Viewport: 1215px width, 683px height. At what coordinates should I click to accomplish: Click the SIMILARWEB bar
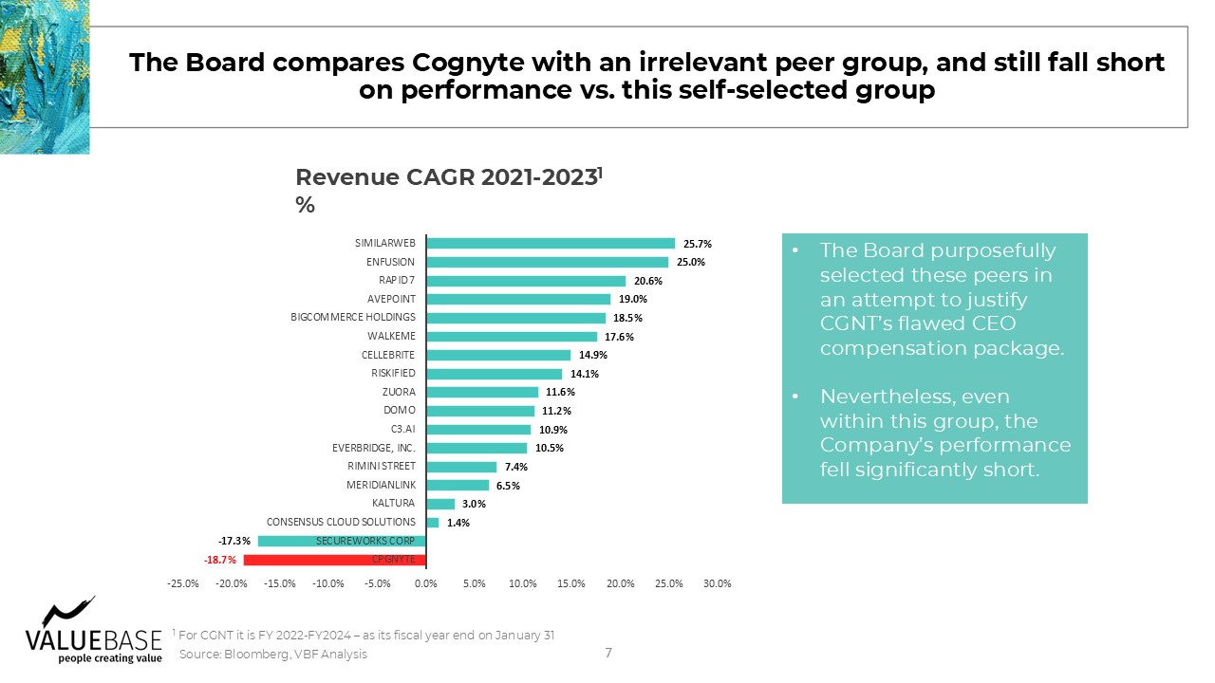coord(551,244)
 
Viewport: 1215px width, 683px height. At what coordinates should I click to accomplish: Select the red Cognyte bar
coord(335,560)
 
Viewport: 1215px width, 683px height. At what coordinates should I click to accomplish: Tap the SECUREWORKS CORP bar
coord(342,541)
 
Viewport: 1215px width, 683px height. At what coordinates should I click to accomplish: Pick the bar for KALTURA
coord(440,504)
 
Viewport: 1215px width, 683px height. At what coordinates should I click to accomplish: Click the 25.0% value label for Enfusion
coord(690,263)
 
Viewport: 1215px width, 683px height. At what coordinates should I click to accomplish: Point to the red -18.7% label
coord(220,560)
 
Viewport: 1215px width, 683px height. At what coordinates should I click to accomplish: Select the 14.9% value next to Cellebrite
coord(593,355)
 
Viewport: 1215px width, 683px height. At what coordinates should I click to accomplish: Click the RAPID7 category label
coord(397,280)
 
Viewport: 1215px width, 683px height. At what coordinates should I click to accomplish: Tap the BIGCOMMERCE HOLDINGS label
coord(353,317)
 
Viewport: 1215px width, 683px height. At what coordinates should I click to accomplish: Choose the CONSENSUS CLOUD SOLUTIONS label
coord(341,522)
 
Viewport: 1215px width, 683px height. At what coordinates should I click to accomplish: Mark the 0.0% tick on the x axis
coord(426,583)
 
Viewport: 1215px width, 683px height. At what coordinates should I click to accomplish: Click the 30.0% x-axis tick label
coord(717,583)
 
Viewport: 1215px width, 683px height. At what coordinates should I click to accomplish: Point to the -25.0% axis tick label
coord(183,583)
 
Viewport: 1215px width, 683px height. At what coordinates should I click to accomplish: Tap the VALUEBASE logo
coord(93,632)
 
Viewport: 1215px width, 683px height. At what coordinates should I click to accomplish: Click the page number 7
coord(608,653)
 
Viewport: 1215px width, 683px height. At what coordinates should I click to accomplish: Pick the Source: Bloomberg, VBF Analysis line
coord(272,655)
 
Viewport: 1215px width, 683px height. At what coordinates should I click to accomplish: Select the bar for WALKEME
coord(512,337)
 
